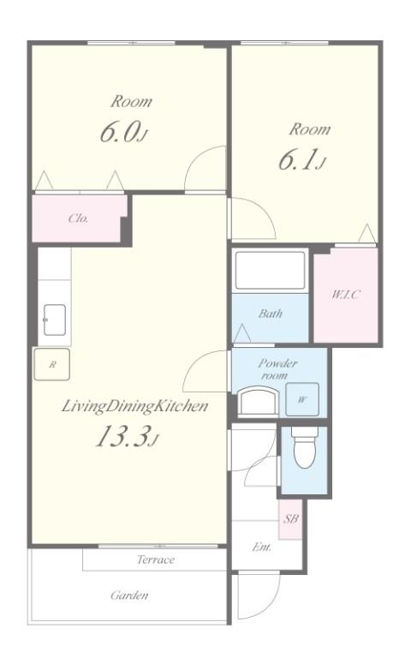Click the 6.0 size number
pos(119,133)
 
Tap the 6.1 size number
pos(297,160)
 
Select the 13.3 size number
pos(122,435)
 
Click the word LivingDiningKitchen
pos(134,407)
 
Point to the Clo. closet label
pos(79,218)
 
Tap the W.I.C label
pos(346,295)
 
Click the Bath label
pos(271,314)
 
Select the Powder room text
pos(277,369)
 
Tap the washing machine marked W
pos(302,399)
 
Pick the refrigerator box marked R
pos(52,364)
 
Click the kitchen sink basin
pos(55,320)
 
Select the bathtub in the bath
pos(271,270)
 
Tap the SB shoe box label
pos(290,518)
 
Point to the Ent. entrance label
pos(262,547)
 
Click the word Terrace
pos(155,559)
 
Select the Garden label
pos(129,595)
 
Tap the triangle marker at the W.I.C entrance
pos(367,233)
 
